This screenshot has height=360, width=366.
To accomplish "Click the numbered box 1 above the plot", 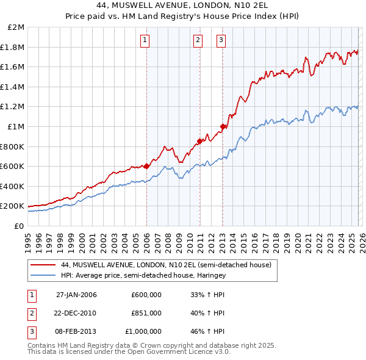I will [145, 41].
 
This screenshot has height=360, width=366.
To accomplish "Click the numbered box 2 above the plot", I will [198, 41].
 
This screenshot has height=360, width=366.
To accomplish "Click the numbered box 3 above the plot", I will [220, 41].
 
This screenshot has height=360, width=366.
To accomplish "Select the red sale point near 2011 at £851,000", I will [199, 141].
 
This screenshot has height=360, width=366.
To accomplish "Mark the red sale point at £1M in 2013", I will [223, 126].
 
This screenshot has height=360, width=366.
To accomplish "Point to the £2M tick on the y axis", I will [16, 27].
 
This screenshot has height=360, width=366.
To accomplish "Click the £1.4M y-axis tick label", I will [13, 87].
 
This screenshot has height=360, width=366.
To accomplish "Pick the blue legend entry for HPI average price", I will [152, 275].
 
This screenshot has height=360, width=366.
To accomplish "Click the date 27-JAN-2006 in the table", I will [76, 295].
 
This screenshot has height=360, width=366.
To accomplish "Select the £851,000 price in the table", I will [146, 313].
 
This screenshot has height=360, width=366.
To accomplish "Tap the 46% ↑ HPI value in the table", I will [207, 331].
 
